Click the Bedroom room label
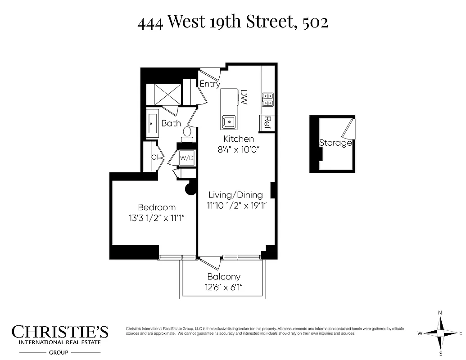[157, 207]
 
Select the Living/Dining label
[235, 195]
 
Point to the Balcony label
[224, 277]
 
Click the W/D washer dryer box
[187, 158]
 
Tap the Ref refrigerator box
[267, 122]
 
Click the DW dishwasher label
[244, 97]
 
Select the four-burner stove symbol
[267, 99]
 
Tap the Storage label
[335, 143]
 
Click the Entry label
[210, 84]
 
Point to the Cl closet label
[154, 157]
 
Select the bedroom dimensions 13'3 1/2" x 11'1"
[157, 218]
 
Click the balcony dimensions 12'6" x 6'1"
[224, 287]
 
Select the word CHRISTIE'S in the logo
[60, 332]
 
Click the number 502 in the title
[315, 22]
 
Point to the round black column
[191, 188]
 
